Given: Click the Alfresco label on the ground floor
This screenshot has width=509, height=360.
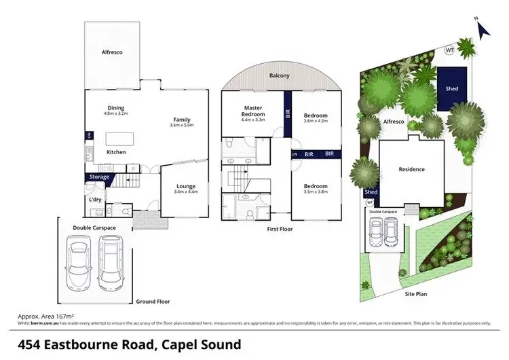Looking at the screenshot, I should tap(112, 52).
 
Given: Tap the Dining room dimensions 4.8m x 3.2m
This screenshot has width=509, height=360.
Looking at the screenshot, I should tap(116, 114).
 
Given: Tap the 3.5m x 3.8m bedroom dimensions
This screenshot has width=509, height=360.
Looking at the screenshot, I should tap(316, 192).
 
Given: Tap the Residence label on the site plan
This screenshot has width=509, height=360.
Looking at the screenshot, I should tap(411, 169).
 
